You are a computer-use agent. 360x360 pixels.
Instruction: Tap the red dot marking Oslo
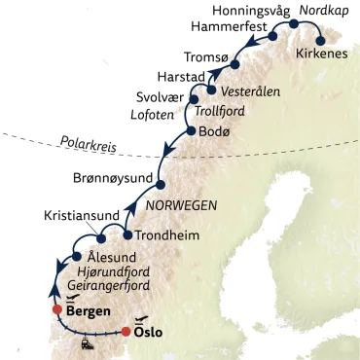126,332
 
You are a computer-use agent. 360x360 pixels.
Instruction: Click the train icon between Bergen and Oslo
88,342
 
